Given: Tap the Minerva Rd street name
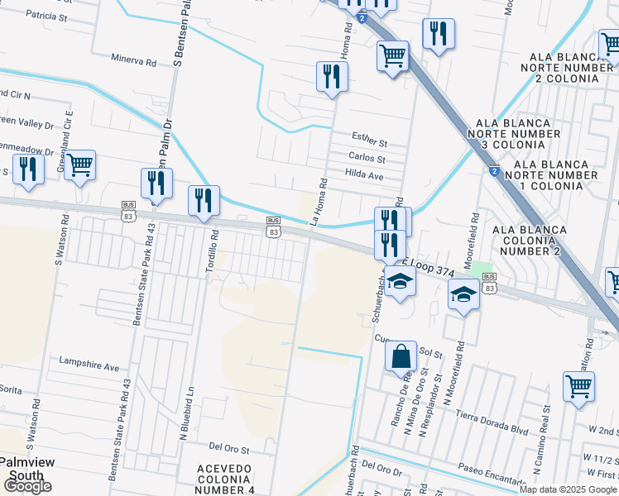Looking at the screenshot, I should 133,61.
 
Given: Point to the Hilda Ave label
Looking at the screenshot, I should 365,175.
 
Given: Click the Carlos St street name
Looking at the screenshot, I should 367,158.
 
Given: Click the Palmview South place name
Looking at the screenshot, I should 26,469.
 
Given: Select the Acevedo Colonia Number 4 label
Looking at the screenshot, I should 225,479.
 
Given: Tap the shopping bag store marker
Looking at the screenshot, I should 401,357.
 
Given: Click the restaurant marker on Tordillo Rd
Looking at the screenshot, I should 204,201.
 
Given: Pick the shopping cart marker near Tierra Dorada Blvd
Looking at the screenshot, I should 578,386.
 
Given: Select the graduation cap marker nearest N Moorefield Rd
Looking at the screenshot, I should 463,294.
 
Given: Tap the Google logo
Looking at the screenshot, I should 26,487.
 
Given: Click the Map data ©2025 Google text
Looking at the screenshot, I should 568,489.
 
